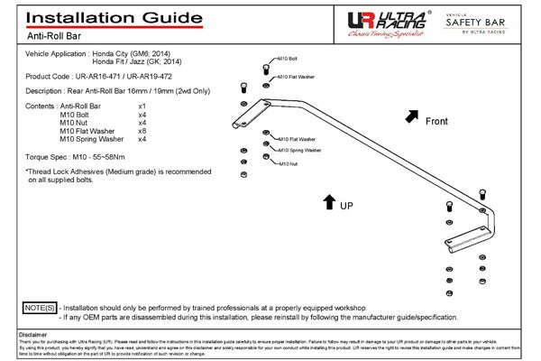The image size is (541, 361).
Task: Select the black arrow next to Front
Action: [x=412, y=116]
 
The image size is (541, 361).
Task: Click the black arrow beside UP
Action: [x=330, y=201]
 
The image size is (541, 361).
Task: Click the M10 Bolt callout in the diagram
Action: [x=288, y=60]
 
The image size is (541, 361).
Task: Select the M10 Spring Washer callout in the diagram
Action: [x=299, y=151]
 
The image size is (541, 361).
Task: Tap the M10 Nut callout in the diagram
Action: [x=288, y=163]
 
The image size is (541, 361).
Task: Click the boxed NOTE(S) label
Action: [x=39, y=308]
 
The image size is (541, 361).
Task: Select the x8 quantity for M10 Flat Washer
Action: [x=142, y=131]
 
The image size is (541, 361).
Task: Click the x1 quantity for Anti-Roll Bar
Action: [x=142, y=106]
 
